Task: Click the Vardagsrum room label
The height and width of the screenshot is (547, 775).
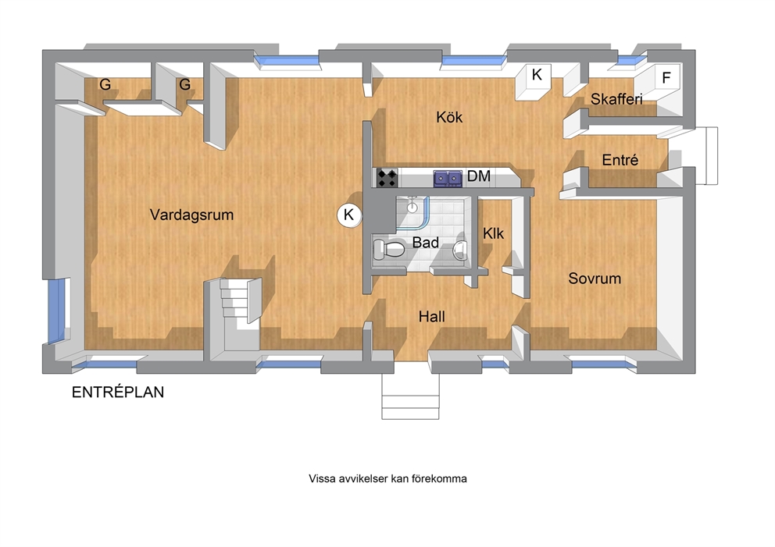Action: coord(191,215)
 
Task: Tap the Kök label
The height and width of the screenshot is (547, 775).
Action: coord(449,117)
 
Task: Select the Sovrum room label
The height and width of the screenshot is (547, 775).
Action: coord(595,279)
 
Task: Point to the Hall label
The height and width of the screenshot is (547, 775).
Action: coord(431,317)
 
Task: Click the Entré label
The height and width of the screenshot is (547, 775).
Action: coord(620,159)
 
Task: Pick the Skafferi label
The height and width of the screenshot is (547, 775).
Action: coord(616,99)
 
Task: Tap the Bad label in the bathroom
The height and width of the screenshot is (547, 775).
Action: coord(425,243)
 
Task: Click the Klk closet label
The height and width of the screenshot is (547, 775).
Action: coord(493,233)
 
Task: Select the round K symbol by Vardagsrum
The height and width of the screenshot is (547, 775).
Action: coord(349,215)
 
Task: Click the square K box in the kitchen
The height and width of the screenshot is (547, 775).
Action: coord(537,75)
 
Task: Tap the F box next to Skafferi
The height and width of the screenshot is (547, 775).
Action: coord(666,77)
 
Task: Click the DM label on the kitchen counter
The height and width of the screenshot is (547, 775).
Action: coord(478,176)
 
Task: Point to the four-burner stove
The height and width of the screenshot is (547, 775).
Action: coord(387,178)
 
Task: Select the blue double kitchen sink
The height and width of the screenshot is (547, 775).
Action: coord(448,178)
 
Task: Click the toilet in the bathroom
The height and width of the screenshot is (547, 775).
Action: coord(388,249)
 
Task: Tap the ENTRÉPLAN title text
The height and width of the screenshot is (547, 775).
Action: coord(118,392)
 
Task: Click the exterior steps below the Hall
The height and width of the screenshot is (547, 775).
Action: coord(410,396)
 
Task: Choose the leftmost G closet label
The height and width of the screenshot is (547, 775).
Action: coord(105,84)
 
